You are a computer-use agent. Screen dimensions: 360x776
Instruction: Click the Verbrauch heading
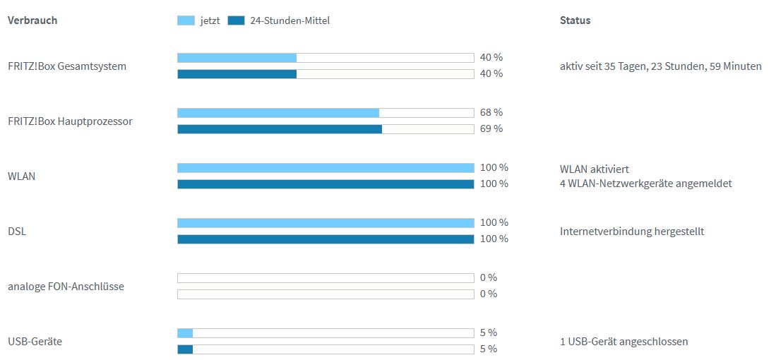tap(32, 20)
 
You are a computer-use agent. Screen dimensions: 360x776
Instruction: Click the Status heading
tap(575, 20)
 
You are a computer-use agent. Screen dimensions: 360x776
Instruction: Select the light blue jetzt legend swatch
tap(185, 20)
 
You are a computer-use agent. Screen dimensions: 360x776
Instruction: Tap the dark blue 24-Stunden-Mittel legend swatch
tap(236, 20)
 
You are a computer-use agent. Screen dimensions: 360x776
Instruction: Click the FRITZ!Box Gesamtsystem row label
tap(67, 66)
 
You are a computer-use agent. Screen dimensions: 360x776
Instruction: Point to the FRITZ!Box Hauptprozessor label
tap(70, 121)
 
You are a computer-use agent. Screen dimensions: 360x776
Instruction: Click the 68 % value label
tap(491, 112)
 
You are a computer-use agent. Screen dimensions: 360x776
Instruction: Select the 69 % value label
tap(491, 128)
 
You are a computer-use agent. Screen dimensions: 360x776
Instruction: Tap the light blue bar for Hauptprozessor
tap(277, 113)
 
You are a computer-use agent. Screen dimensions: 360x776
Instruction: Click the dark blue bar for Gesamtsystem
tap(237, 74)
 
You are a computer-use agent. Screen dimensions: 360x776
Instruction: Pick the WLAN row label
tap(21, 176)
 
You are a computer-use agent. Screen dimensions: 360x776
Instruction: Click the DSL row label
tap(17, 232)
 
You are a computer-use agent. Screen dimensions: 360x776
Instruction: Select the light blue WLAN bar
tap(325, 168)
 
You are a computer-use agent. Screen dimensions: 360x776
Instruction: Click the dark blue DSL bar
tap(325, 239)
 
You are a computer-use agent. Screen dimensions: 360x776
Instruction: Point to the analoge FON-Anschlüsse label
tap(66, 287)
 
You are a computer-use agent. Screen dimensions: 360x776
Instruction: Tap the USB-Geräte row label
tap(35, 342)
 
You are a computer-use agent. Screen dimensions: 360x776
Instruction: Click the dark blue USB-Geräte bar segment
tap(185, 349)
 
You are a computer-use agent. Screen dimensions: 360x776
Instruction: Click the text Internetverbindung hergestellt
tap(632, 232)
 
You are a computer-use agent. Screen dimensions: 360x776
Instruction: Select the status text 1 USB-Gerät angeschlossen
tap(623, 342)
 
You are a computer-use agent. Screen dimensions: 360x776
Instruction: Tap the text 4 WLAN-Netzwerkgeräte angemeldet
tap(645, 184)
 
